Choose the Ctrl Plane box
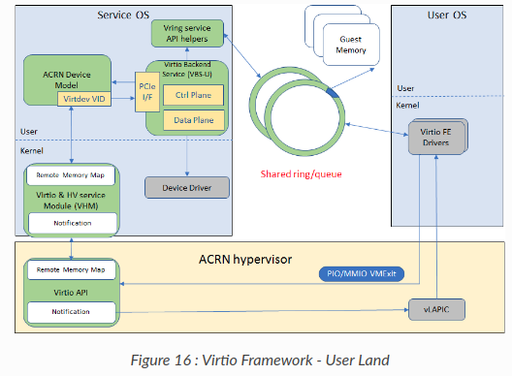tap(194, 95)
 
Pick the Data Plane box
tap(194, 120)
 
